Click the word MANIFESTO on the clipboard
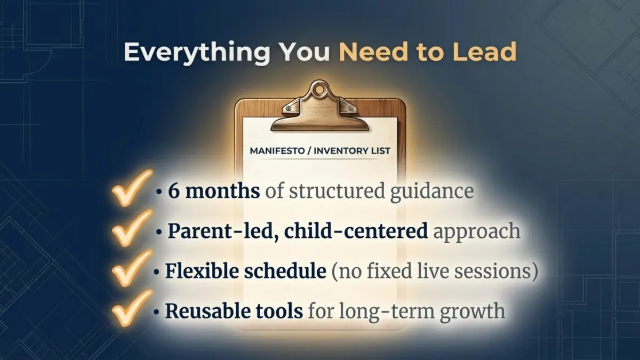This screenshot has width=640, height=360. [x=279, y=151]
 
